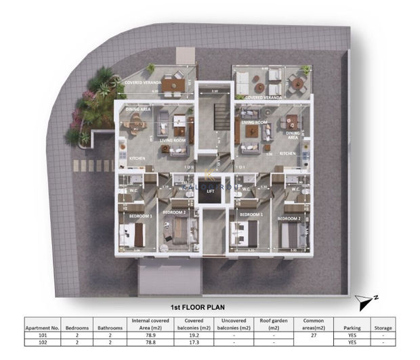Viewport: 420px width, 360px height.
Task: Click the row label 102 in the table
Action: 43,342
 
